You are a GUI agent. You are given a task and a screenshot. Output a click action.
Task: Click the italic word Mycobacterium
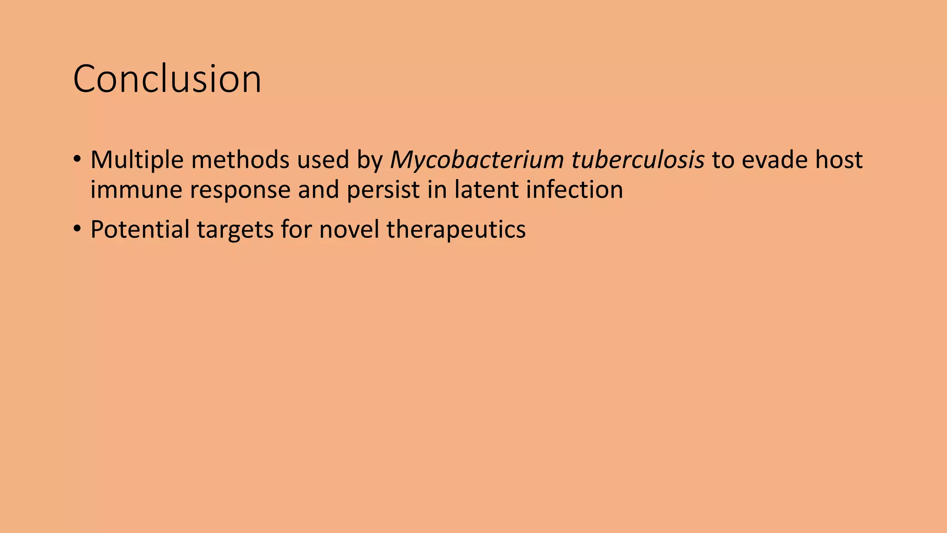tap(477, 160)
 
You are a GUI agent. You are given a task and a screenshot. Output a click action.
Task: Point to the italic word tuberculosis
tap(638, 160)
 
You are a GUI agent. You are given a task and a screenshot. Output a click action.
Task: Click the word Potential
tap(140, 229)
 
